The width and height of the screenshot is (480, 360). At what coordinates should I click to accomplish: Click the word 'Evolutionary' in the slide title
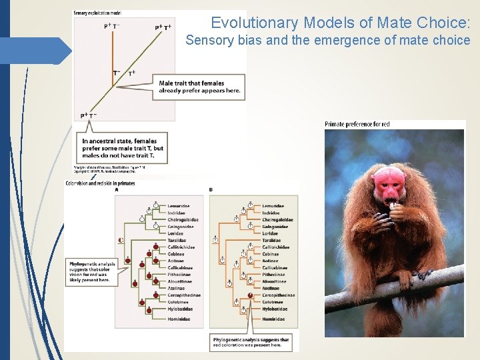pos(254,23)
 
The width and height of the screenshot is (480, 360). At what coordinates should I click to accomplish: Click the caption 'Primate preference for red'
pos(357,124)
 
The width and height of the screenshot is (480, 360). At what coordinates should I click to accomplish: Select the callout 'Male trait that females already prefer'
pos(199,87)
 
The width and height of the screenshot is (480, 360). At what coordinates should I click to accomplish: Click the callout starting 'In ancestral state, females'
pos(119,148)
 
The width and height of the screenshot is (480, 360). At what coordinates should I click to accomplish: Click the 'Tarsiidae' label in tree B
pos(271,240)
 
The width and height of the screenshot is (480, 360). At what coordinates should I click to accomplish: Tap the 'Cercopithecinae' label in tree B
pos(278,295)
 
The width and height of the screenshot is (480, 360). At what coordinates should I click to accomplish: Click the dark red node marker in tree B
pos(250,295)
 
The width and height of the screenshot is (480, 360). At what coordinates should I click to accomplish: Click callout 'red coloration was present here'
pos(251,343)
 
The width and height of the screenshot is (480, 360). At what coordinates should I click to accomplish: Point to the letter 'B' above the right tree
pos(211,190)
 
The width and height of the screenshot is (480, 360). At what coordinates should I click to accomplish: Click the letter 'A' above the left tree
pos(117,190)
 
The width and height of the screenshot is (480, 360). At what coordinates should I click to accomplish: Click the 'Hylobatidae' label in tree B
pos(274,309)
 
